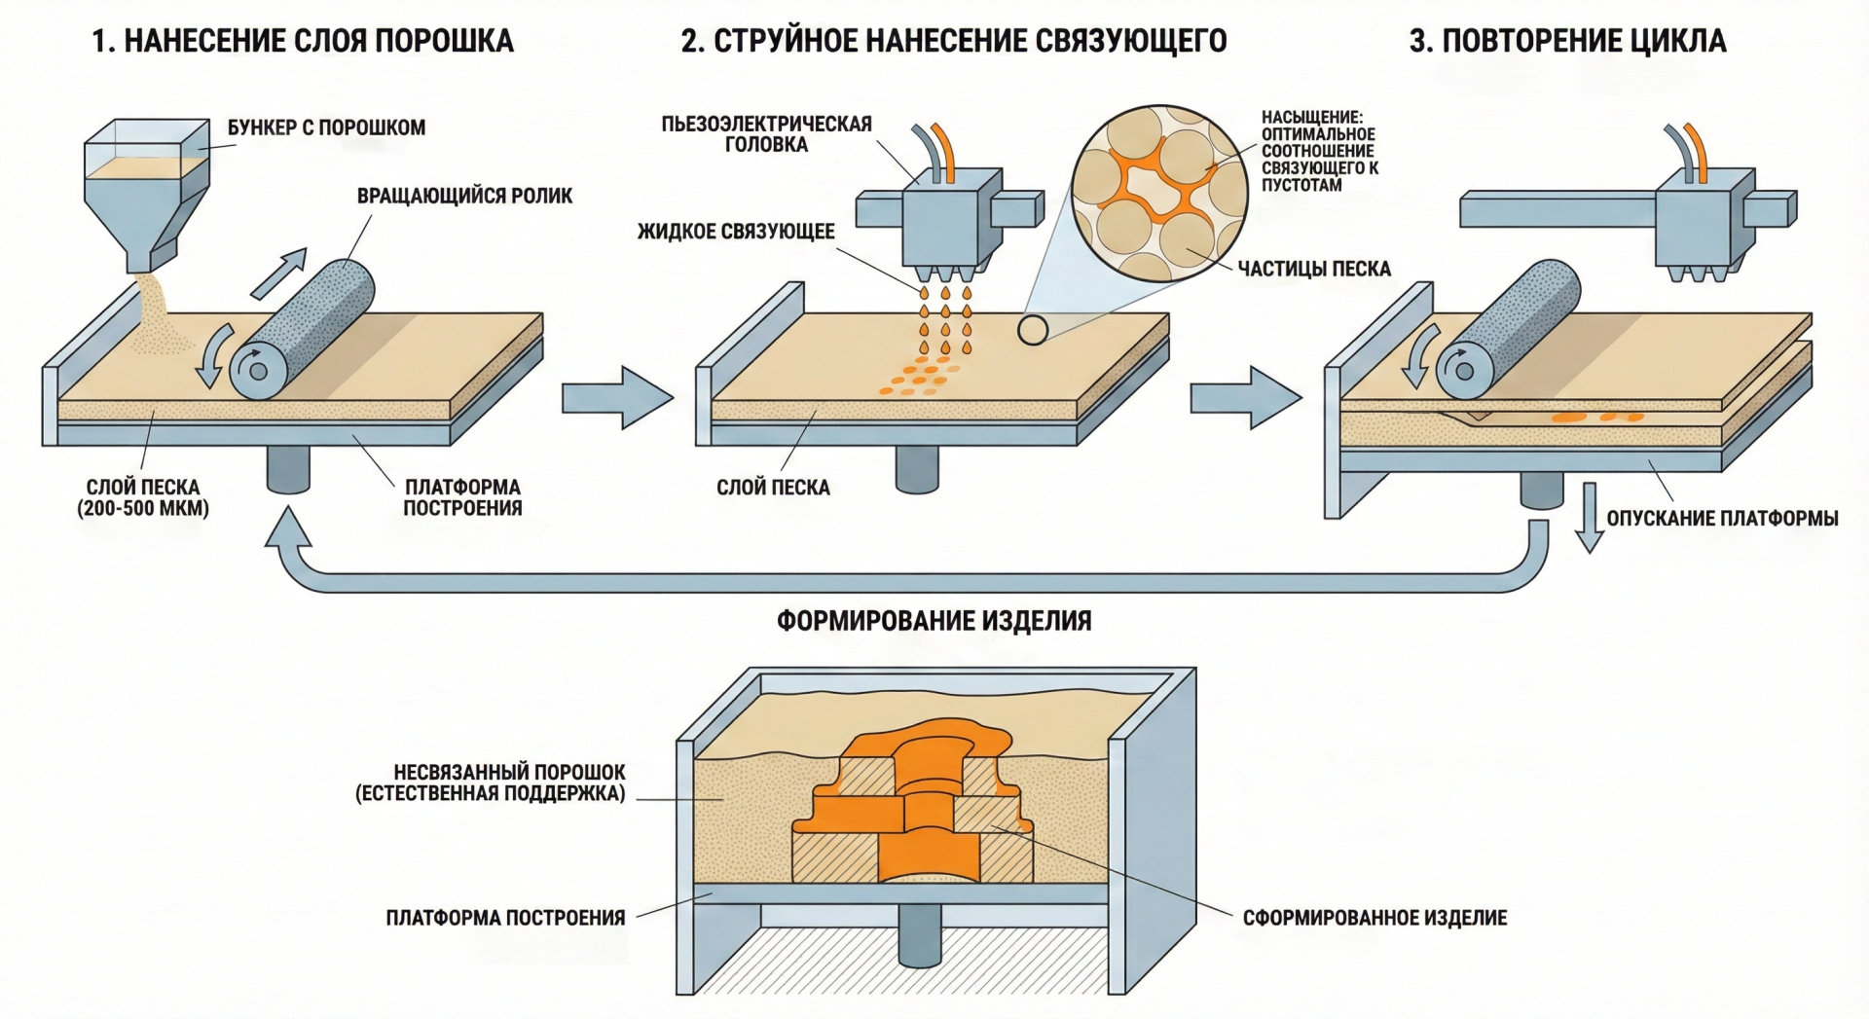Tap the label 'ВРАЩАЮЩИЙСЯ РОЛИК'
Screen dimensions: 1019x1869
click(464, 196)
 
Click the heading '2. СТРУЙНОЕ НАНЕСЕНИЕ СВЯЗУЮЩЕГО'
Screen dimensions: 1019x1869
click(954, 41)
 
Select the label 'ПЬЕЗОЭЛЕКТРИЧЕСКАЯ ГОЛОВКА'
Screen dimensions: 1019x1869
click(766, 134)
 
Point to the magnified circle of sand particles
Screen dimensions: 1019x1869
click(1159, 194)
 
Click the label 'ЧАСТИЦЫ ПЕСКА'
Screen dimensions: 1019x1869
click(1314, 269)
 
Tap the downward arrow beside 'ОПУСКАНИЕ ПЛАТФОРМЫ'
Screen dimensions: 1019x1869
click(1590, 517)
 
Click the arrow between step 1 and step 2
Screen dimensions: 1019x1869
click(617, 397)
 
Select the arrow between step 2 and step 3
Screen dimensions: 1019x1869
click(1245, 397)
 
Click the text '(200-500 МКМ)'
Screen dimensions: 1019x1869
click(143, 508)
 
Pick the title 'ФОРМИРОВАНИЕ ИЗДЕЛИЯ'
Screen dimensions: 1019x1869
click(934, 621)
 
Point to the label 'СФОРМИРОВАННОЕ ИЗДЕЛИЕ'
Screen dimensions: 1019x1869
click(1374, 918)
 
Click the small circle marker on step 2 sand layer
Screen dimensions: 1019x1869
click(1033, 330)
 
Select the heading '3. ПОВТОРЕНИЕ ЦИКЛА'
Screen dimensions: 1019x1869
click(1567, 41)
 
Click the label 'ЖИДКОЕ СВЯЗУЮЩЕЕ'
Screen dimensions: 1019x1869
click(736, 232)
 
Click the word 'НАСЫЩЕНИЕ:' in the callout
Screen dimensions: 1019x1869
click(1312, 118)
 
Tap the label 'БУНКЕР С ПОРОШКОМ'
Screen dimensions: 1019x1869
click(326, 127)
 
